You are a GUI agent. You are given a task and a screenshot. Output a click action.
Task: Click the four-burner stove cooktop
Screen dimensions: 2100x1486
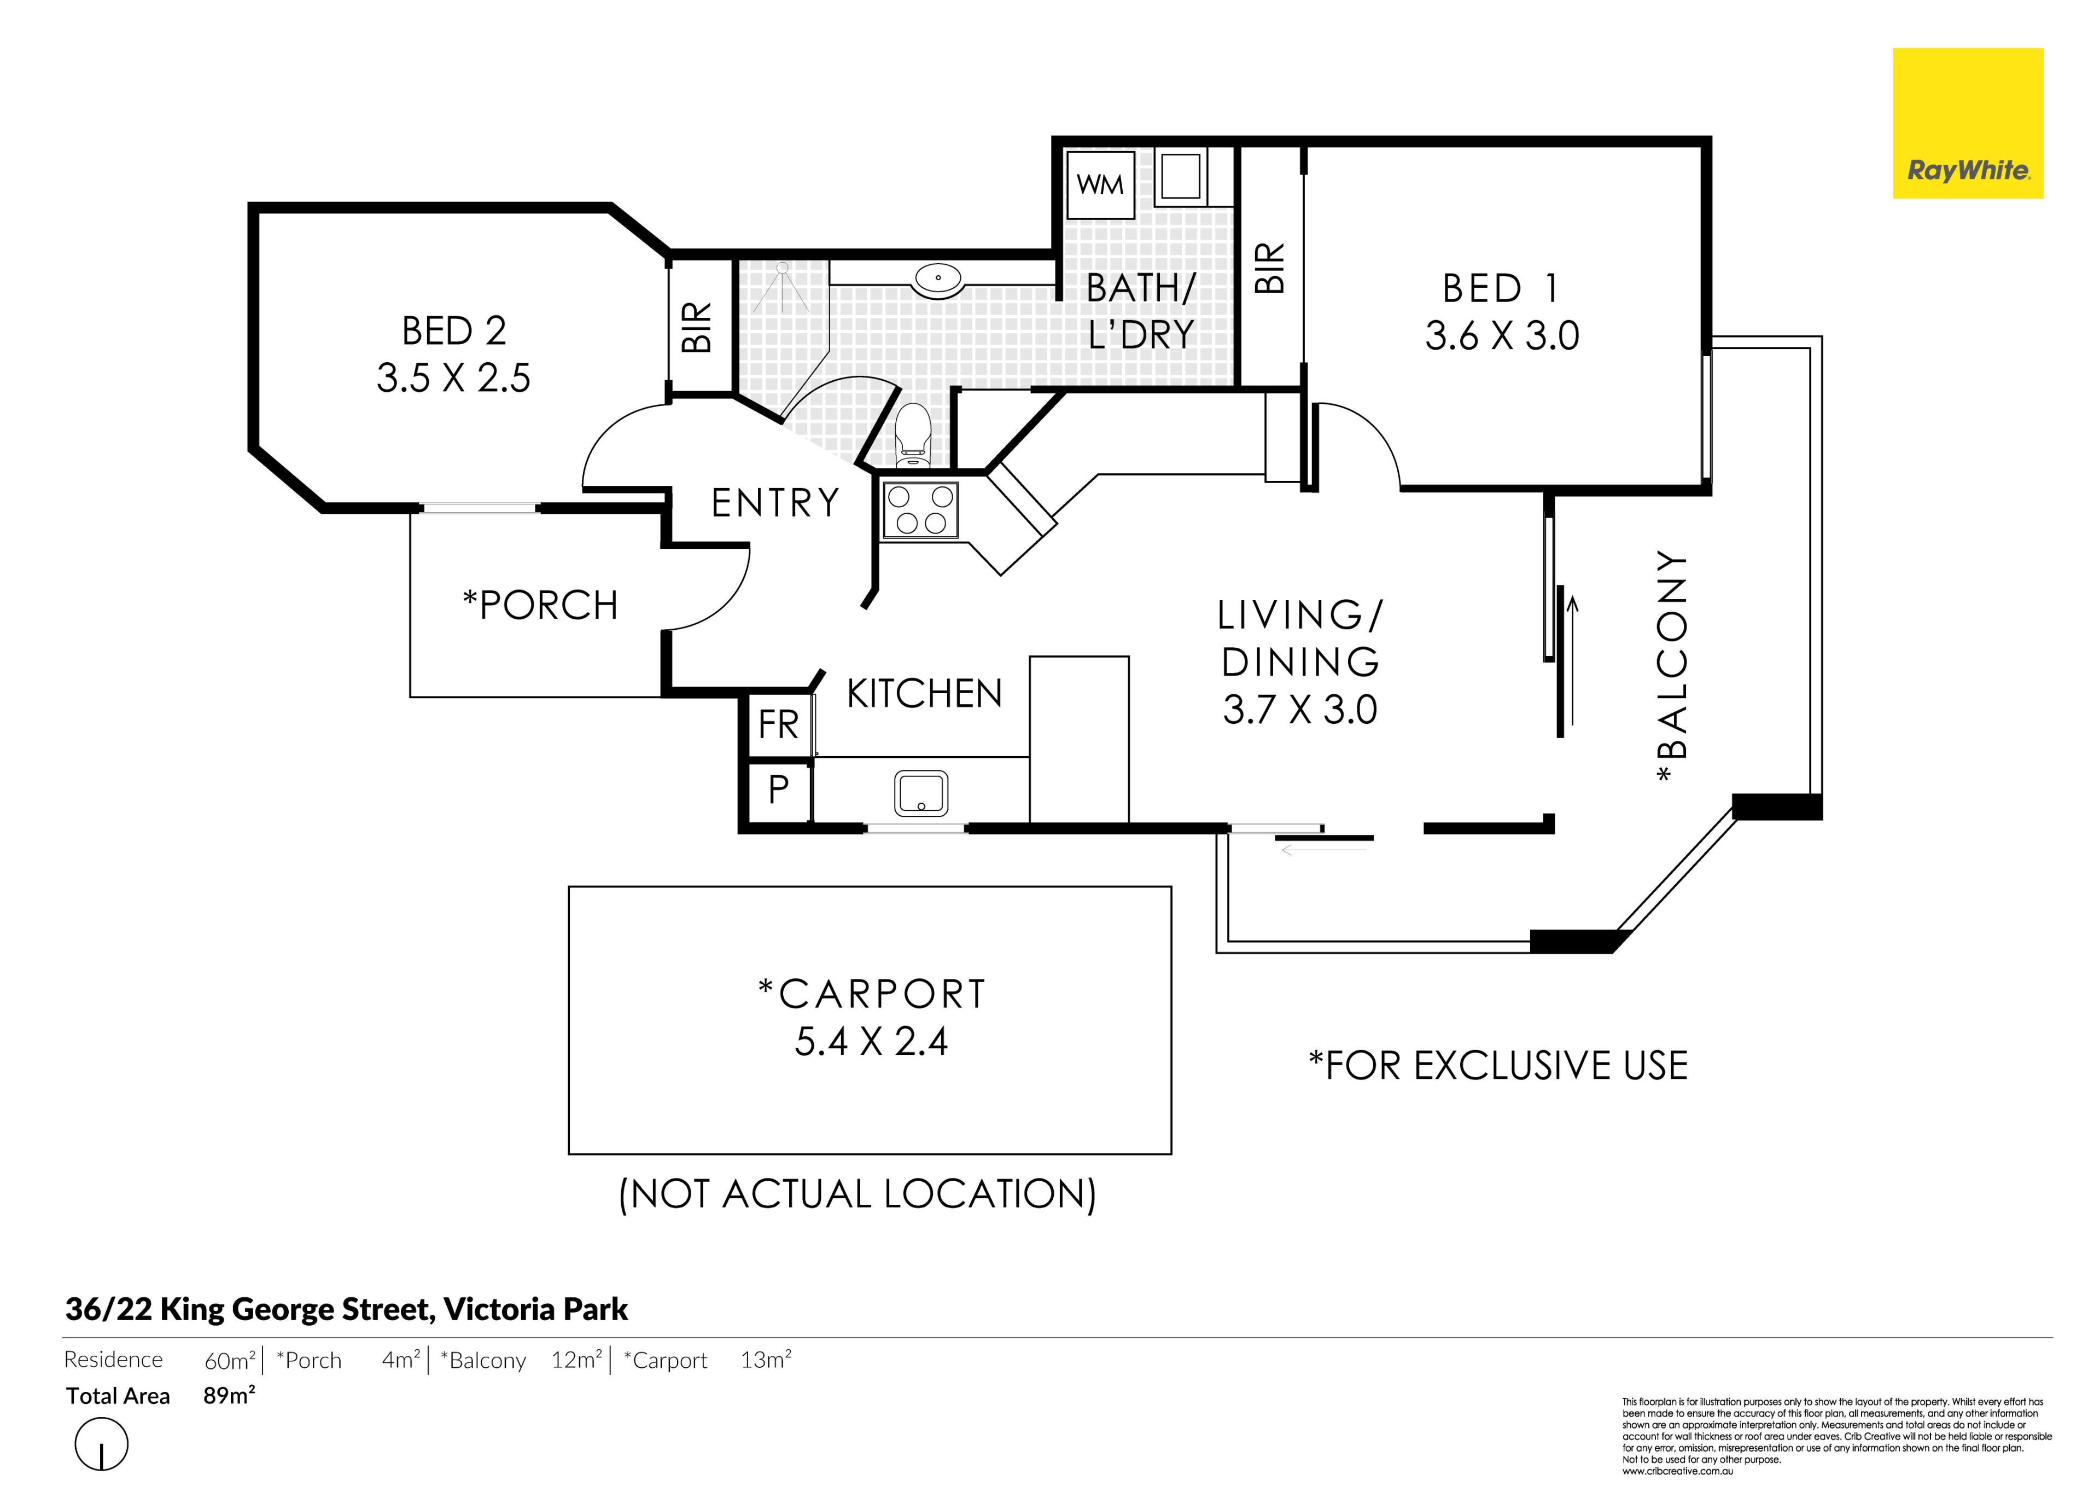pos(919,510)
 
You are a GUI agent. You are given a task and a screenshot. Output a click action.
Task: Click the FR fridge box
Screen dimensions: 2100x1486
pos(778,725)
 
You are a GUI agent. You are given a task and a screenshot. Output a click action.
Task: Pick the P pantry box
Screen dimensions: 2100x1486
pos(778,789)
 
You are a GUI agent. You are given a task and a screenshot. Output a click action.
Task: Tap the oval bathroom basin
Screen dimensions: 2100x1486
pos(937,278)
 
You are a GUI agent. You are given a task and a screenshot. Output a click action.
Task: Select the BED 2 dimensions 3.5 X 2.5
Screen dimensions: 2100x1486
pos(454,378)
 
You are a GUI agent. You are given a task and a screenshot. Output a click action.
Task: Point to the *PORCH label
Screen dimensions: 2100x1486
pos(540,605)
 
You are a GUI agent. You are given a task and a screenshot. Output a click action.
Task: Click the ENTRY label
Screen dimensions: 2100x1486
pos(775,503)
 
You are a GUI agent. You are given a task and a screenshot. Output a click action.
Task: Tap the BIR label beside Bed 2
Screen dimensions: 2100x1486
pos(697,328)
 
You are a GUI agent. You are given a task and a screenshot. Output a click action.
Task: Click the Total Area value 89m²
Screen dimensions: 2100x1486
pos(229,1395)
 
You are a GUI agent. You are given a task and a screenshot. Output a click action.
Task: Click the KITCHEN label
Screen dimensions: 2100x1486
pos(925,694)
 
